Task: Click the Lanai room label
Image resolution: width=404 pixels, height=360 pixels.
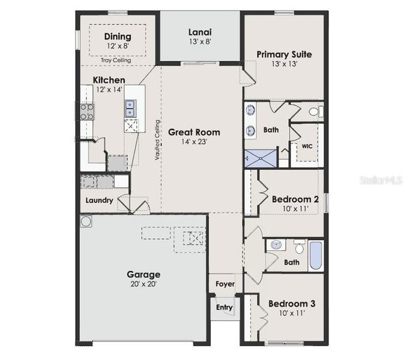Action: pyautogui.click(x=200, y=32)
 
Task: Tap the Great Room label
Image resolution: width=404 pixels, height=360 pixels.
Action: pyautogui.click(x=193, y=132)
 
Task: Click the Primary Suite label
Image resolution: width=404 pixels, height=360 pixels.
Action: pyautogui.click(x=284, y=54)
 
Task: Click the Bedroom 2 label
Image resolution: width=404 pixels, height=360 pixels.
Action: pyautogui.click(x=294, y=199)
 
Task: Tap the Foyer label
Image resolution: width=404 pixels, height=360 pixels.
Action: pyautogui.click(x=225, y=284)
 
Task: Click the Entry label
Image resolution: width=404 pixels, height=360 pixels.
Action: pyautogui.click(x=224, y=307)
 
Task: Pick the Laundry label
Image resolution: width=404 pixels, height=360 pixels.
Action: pyautogui.click(x=98, y=200)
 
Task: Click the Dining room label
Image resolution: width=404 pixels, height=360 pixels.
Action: pyautogui.click(x=118, y=37)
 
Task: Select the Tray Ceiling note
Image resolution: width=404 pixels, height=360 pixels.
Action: pyautogui.click(x=117, y=60)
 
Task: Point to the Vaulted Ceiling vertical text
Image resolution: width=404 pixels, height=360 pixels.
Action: pyautogui.click(x=157, y=140)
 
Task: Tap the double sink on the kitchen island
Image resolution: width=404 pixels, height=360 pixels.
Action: pyautogui.click(x=130, y=107)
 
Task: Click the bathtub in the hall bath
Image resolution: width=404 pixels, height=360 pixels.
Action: pyautogui.click(x=316, y=256)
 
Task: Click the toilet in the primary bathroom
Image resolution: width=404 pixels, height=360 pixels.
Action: pyautogui.click(x=316, y=112)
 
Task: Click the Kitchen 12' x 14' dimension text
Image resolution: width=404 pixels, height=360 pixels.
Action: pyautogui.click(x=109, y=89)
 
